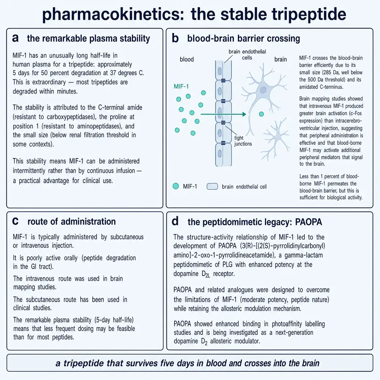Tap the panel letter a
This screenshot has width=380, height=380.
(15, 38)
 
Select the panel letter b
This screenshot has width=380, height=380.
(175, 38)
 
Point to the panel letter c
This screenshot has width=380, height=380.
(15, 222)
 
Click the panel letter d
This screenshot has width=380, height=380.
(175, 221)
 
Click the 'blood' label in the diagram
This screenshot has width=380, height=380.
(187, 59)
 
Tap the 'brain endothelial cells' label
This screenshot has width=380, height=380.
(247, 54)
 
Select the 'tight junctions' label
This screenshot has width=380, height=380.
(243, 141)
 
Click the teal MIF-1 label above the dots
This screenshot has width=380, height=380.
(181, 86)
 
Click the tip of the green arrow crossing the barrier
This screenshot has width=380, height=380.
(246, 114)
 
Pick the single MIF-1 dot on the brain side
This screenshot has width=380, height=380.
(261, 114)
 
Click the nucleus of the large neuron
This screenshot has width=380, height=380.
(263, 90)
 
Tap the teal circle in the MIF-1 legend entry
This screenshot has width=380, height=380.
(176, 186)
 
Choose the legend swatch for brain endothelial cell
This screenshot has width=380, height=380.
(212, 186)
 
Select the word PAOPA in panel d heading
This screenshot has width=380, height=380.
(309, 222)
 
